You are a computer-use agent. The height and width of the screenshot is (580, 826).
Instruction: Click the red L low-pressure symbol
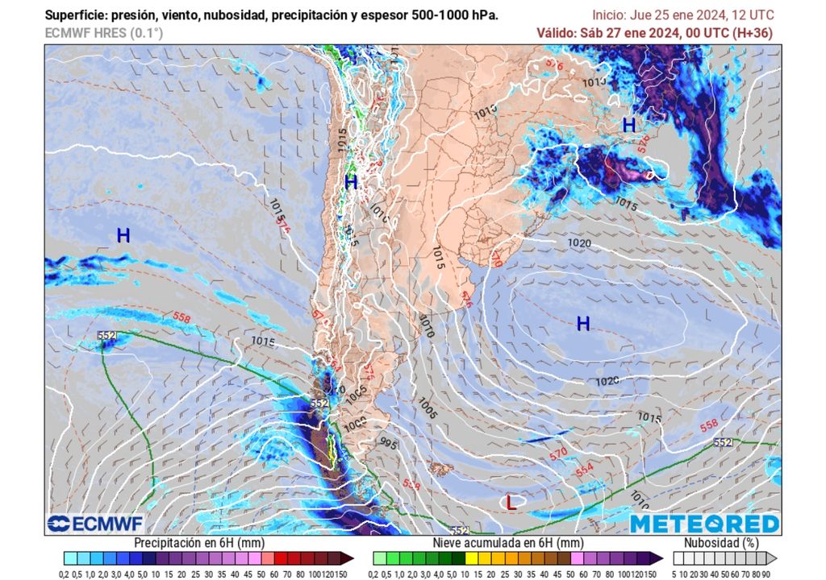point(511,503)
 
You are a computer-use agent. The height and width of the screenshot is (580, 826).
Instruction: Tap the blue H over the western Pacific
point(123,236)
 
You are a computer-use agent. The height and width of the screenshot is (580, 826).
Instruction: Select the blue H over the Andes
point(351,183)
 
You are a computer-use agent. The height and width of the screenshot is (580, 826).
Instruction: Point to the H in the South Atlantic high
point(583,324)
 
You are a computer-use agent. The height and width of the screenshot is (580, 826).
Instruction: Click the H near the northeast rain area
point(628,126)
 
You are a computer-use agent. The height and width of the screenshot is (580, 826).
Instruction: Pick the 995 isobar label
point(390,444)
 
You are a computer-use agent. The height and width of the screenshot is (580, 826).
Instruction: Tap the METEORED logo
point(704,524)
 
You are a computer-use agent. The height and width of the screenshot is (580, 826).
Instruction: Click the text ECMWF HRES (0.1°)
point(103,33)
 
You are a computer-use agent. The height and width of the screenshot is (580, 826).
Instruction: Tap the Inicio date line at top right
point(682,14)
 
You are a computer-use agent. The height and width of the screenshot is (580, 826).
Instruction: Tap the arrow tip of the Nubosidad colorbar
point(774,557)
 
